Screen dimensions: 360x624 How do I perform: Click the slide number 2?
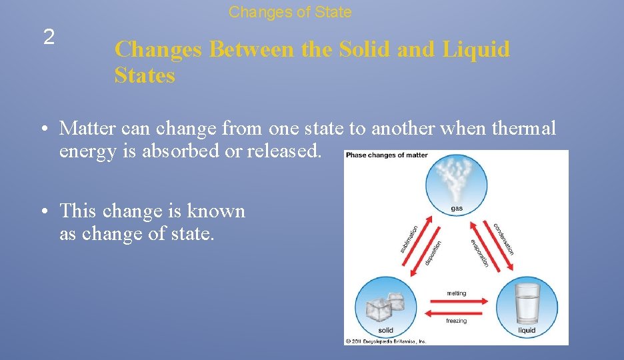pos(49,38)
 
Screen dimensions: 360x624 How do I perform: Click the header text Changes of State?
pos(290,12)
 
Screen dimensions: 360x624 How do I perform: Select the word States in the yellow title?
pos(145,75)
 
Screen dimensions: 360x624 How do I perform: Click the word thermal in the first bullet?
pos(523,128)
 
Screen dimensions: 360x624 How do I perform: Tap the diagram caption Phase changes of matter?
pos(387,155)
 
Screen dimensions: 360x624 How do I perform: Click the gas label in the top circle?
pos(457,209)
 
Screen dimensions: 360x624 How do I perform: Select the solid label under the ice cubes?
pos(385,330)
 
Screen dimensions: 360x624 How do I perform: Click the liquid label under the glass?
pos(527,330)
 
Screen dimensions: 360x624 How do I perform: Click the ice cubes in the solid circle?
pos(385,307)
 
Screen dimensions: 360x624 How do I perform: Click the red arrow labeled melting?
pos(457,301)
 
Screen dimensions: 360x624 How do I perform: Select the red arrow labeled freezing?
pos(457,312)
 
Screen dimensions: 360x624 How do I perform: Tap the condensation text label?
pos(504,239)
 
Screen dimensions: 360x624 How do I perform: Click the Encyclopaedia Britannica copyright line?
pos(385,341)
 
